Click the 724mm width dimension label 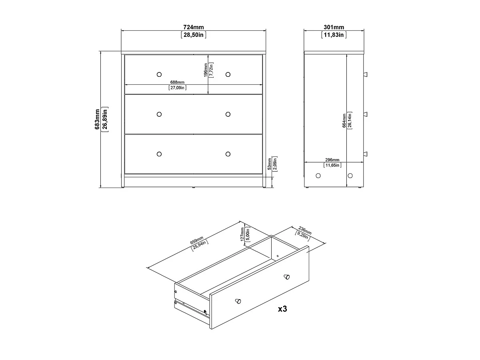click(x=194, y=27)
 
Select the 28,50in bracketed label click(x=194, y=35)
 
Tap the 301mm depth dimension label click(x=334, y=27)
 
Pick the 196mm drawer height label click(x=206, y=70)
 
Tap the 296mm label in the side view click(x=332, y=160)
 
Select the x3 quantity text click(x=282, y=309)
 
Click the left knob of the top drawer click(x=159, y=74)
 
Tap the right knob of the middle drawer click(x=228, y=114)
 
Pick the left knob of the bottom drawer click(x=159, y=154)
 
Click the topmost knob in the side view click(x=366, y=74)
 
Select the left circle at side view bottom click(x=318, y=175)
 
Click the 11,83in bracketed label click(x=334, y=35)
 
